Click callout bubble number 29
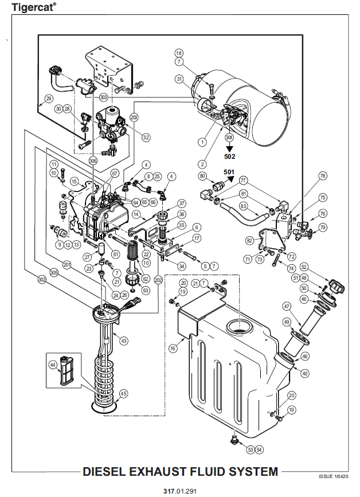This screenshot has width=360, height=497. click(49, 99)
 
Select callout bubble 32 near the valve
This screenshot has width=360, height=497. click(146, 137)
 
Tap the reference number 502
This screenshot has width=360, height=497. click(229, 156)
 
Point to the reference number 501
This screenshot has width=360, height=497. click(229, 172)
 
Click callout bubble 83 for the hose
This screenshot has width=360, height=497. click(243, 206)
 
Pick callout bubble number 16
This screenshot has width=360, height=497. click(173, 349)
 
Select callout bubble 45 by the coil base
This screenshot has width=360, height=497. click(123, 394)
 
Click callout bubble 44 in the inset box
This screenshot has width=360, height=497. click(53, 365)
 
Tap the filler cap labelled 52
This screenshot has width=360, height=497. click(337, 286)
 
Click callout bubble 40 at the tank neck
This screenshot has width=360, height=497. click(304, 373)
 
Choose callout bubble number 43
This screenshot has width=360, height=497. click(124, 341)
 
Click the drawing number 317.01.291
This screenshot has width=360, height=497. click(180, 491)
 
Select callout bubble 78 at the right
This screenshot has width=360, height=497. click(323, 176)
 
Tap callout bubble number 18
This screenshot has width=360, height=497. click(179, 53)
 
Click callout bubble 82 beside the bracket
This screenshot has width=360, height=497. click(250, 241)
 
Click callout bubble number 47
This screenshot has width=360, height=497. click(287, 306)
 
